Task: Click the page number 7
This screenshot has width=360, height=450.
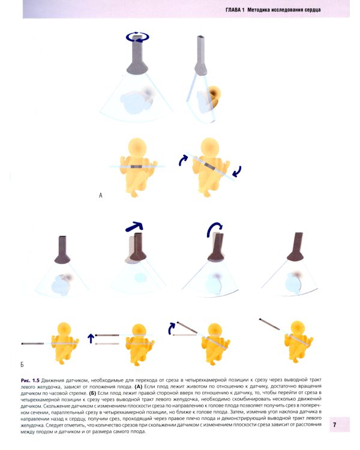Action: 334,424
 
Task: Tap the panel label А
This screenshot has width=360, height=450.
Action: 100,196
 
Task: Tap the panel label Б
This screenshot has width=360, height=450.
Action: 22,364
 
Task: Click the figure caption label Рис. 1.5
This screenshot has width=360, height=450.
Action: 30,380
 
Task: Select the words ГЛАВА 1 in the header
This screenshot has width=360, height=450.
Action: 235,10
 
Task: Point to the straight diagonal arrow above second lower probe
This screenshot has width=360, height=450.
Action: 134,226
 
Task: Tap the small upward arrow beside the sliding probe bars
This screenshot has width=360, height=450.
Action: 91,338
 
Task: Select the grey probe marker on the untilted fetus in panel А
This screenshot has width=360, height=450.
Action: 137,166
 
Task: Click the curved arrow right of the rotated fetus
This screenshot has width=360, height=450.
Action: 237,172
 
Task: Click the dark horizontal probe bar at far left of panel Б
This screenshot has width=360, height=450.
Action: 32,344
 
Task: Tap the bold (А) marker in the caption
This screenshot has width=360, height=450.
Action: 139,386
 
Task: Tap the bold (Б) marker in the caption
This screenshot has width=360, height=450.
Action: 92,393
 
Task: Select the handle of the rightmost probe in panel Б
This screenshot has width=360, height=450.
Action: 299,241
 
